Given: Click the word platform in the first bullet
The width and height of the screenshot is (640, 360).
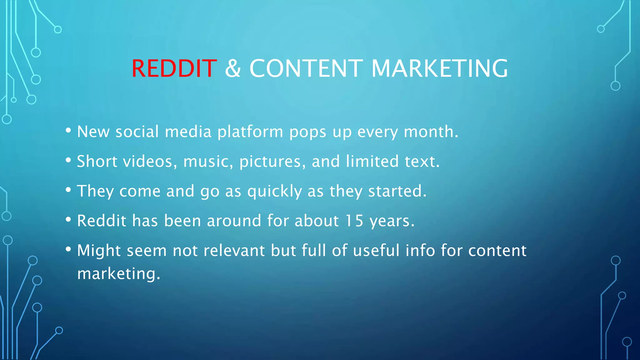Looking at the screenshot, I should click(250, 132).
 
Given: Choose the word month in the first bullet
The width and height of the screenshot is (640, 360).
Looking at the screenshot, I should click(431, 132).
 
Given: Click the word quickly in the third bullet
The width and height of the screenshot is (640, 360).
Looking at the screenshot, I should click(275, 191).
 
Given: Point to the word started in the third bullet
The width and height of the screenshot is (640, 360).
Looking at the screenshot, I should click(397, 191).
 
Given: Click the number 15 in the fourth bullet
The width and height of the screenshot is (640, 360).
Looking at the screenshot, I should click(354, 221).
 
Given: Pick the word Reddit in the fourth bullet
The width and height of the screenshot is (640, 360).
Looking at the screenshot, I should click(102, 221).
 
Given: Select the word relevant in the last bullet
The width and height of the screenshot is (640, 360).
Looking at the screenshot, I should click(234, 251).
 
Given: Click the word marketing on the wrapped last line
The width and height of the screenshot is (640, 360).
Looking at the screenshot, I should click(118, 274).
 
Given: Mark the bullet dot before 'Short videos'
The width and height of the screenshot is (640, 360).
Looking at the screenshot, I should click(68, 160).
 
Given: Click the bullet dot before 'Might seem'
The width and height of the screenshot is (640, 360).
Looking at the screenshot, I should click(68, 249).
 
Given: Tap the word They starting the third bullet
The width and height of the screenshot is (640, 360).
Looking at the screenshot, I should click(95, 191).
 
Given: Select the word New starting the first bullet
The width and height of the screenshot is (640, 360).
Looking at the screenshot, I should click(93, 132).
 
